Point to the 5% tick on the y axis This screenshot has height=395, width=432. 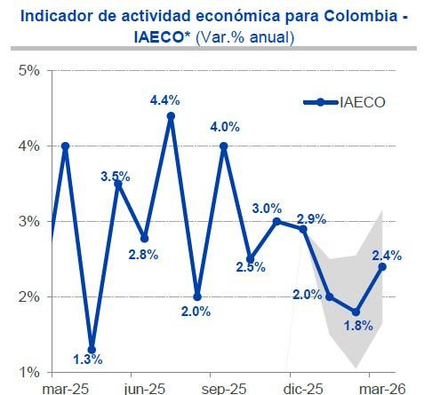(28, 70)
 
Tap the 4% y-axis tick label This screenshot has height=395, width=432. (28, 146)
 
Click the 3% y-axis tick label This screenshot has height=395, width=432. (28, 221)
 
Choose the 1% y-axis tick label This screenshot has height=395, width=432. (28, 371)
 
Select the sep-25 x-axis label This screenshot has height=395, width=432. (224, 388)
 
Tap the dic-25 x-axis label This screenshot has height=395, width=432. (303, 388)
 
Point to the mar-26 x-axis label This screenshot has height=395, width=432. (382, 388)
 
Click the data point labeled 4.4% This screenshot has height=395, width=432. (171, 115)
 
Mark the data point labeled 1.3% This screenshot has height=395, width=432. (92, 349)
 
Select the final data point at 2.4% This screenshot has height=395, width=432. (382, 266)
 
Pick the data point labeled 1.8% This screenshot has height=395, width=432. (356, 312)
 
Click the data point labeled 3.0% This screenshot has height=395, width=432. (276, 221)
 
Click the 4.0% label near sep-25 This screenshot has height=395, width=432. (223, 125)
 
